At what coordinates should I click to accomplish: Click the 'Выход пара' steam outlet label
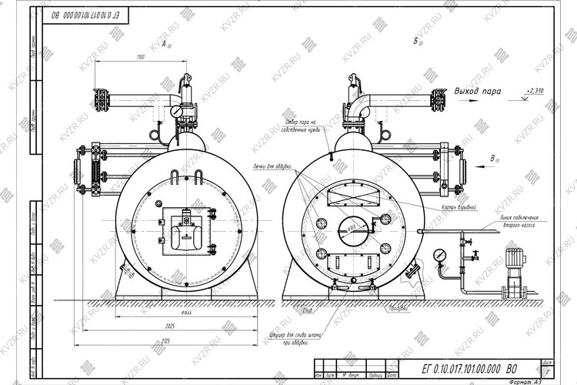[477, 91]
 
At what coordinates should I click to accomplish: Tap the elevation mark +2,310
[532, 91]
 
